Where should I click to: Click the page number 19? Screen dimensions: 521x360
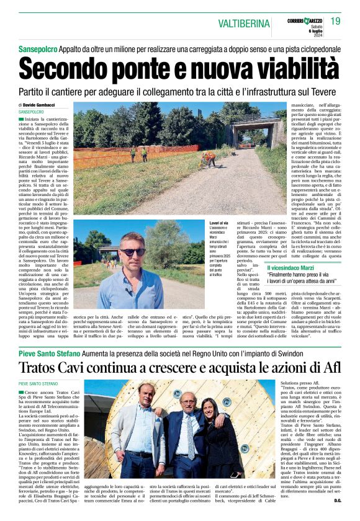click(336, 21)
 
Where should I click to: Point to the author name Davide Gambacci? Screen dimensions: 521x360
click(41, 105)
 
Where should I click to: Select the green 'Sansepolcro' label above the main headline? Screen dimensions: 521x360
click(37, 46)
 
